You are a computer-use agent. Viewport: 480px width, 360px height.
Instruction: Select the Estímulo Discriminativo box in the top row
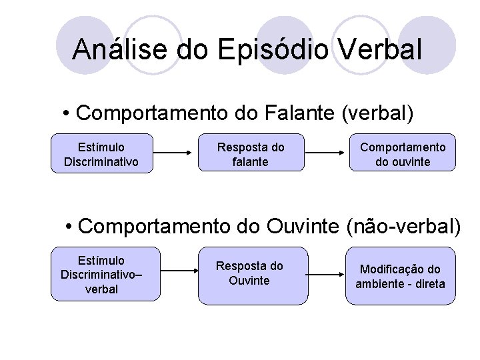tap(101, 154)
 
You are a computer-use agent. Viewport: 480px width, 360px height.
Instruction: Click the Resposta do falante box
tap(251, 154)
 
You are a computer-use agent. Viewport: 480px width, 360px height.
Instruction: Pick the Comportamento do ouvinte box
tap(403, 154)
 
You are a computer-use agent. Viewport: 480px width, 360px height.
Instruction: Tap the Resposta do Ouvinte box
tap(249, 275)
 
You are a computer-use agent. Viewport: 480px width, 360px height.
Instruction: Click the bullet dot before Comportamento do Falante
tap(69, 113)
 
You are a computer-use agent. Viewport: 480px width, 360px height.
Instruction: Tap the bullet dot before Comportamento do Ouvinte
tap(70, 227)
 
